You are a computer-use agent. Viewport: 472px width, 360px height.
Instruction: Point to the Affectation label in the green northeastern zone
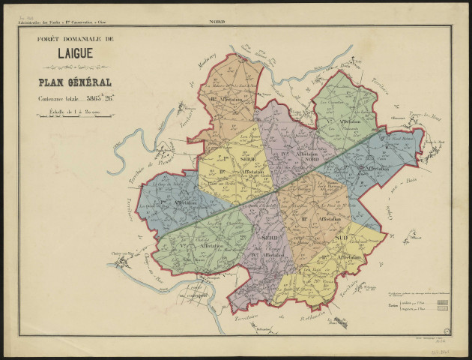tap(346, 121)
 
